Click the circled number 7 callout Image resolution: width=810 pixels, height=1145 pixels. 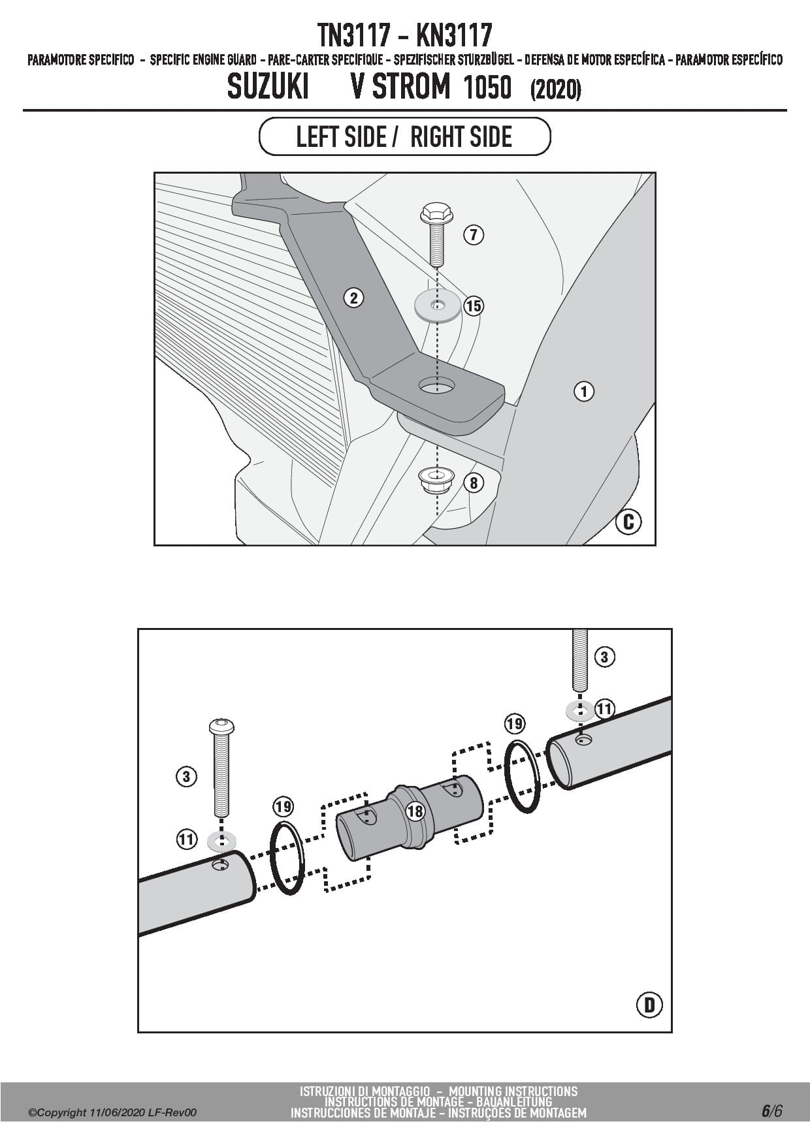[x=474, y=234]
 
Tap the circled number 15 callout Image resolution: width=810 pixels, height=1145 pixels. [x=474, y=306]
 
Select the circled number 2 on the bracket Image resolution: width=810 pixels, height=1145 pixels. [x=353, y=298]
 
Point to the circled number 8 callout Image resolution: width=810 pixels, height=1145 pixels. [x=474, y=483]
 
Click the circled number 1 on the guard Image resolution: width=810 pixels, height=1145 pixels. [x=584, y=392]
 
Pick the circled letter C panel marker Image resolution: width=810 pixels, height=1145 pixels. [x=629, y=522]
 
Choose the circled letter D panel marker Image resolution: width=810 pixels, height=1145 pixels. [x=649, y=1005]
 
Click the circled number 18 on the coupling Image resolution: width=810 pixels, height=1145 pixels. [x=415, y=811]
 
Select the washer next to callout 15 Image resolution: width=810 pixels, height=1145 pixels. [x=437, y=306]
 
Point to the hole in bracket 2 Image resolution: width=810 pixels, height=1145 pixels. [x=438, y=386]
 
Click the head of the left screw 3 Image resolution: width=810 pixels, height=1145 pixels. [x=221, y=726]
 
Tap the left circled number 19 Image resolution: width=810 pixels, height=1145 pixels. [x=283, y=807]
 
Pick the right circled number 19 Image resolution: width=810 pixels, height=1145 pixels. [x=515, y=723]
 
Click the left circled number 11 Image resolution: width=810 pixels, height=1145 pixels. [x=187, y=838]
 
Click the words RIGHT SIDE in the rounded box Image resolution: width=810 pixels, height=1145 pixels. [x=461, y=137]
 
